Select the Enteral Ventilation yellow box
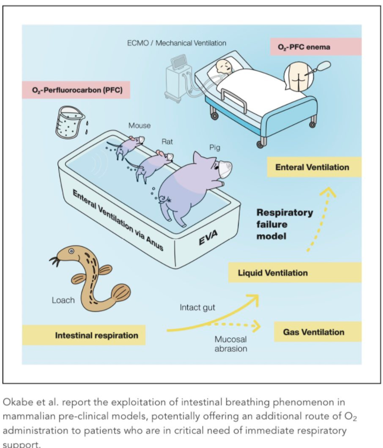pyautogui.click(x=312, y=167)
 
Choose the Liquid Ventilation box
pyautogui.click(x=273, y=273)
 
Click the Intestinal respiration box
pyautogui.click(x=96, y=336)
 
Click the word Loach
pyautogui.click(x=64, y=300)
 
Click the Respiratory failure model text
pyautogui.click(x=284, y=224)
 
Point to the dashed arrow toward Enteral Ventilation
pyautogui.click(x=318, y=219)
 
